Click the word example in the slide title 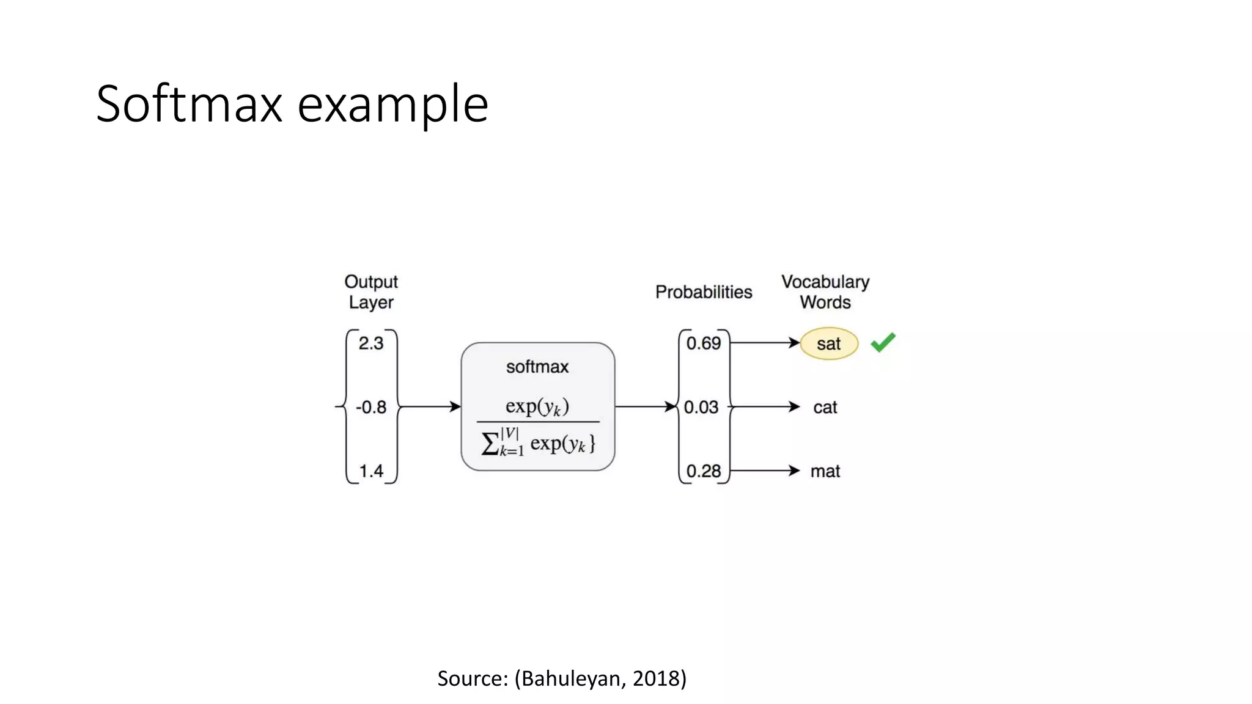point(392,105)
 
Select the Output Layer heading point(371,292)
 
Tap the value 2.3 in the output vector point(371,343)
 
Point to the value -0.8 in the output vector point(371,407)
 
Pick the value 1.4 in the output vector point(371,471)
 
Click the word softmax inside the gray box point(537,367)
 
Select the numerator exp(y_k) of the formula point(537,406)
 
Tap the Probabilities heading point(704,292)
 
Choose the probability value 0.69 point(704,343)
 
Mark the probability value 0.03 point(701,407)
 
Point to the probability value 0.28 point(704,471)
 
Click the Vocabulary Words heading point(825,292)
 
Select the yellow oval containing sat point(829,343)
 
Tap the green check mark point(883,342)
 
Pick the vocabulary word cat point(825,408)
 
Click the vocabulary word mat point(825,471)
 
